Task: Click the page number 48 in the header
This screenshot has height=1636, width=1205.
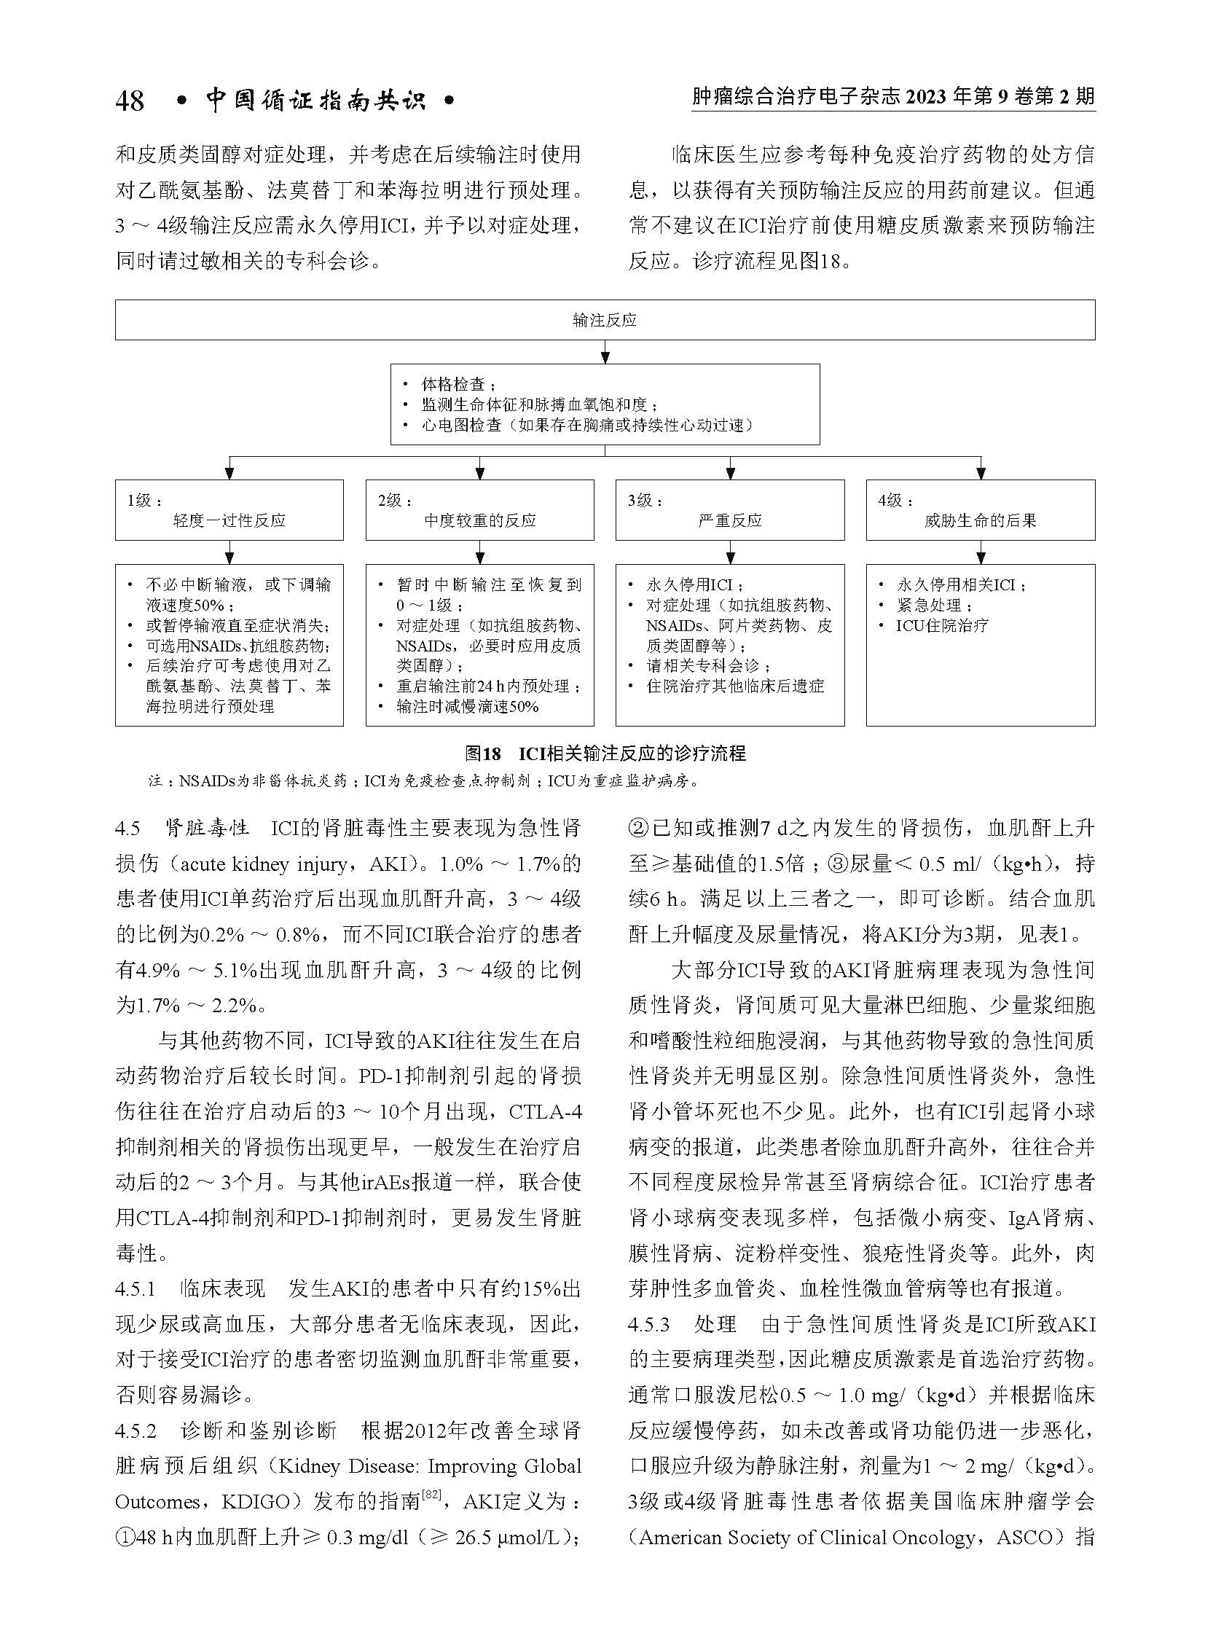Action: [x=129, y=101]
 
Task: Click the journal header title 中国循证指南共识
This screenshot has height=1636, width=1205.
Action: [x=316, y=100]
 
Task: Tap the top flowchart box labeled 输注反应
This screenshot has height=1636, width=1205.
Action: [x=605, y=320]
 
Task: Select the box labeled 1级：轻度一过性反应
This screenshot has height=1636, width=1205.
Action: [x=229, y=510]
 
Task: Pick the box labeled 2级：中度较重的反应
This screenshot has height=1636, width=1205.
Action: [x=479, y=510]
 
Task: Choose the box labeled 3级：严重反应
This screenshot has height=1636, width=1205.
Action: [x=729, y=510]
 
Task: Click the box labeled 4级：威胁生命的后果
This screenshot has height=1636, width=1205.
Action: [x=980, y=510]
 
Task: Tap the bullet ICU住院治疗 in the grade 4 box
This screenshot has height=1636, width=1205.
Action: [x=942, y=625]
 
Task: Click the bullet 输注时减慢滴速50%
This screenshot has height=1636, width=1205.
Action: [x=467, y=706]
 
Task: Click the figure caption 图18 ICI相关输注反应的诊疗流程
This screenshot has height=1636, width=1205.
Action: [x=605, y=753]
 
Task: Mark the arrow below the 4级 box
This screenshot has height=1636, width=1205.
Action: [x=981, y=552]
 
